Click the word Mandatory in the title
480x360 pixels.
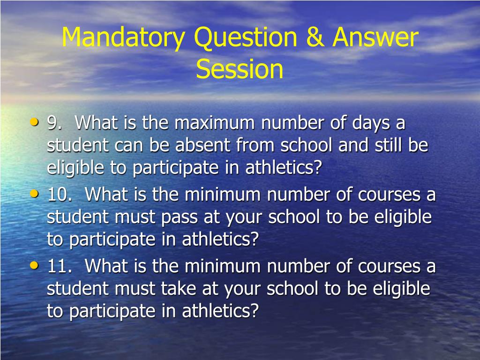(x=124, y=38)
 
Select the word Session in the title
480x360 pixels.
(x=240, y=69)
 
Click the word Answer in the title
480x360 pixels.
(x=375, y=38)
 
